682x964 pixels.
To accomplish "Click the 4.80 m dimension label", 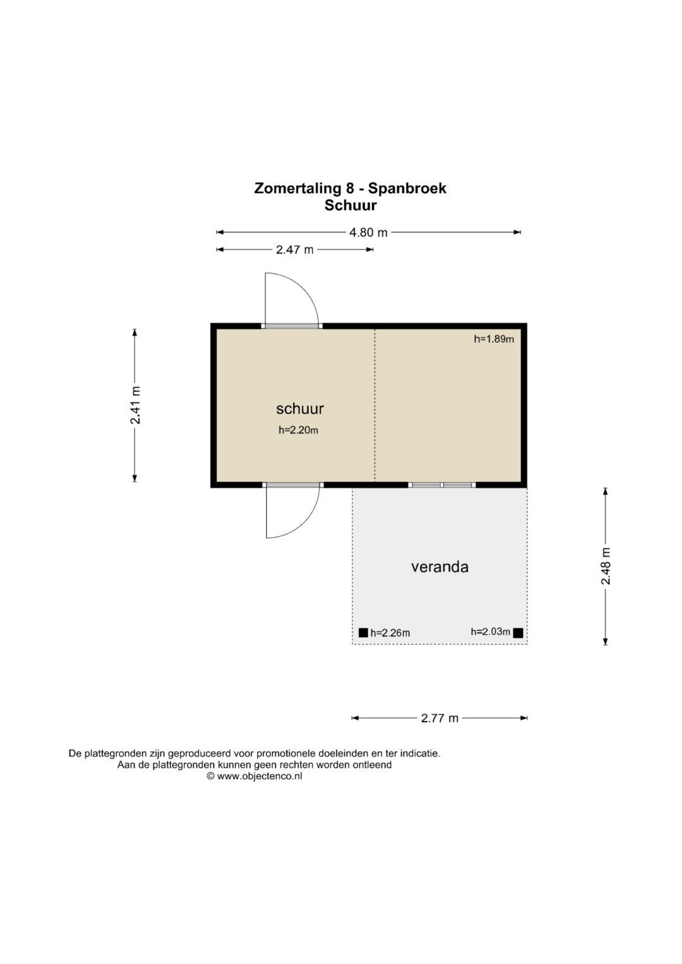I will pyautogui.click(x=368, y=232).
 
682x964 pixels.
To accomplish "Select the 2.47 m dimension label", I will pyautogui.click(x=294, y=249).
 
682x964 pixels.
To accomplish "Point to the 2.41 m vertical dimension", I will pyautogui.click(x=135, y=405).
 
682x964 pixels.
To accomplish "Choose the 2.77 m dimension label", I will pyautogui.click(x=440, y=718).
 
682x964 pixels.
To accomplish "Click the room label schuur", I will pyautogui.click(x=300, y=408).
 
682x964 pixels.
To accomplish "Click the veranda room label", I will pyautogui.click(x=440, y=566).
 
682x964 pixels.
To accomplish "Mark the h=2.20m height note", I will pyautogui.click(x=298, y=431).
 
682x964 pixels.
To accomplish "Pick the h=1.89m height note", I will pyautogui.click(x=494, y=339).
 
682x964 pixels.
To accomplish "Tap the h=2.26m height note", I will pyautogui.click(x=390, y=633).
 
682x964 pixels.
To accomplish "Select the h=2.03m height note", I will pyautogui.click(x=490, y=631).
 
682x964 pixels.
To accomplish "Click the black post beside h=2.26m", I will pyautogui.click(x=363, y=633).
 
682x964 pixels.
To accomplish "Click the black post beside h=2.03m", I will pyautogui.click(x=518, y=633).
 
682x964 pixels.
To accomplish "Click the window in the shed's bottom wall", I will pyautogui.click(x=441, y=485).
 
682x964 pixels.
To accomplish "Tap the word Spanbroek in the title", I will pyautogui.click(x=407, y=188).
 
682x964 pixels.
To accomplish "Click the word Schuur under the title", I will pyautogui.click(x=350, y=205).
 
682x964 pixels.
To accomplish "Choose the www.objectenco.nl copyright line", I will pyautogui.click(x=254, y=777).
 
